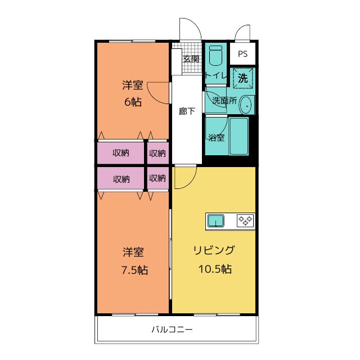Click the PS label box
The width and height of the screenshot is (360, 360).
tap(242, 55)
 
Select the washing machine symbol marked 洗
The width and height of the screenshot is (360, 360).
tap(243, 78)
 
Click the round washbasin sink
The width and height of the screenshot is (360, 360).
tap(245, 104)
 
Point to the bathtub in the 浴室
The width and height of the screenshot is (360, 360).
tap(238, 137)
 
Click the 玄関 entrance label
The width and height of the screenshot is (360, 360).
tap(191, 58)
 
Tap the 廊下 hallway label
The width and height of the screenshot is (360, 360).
tap(187, 111)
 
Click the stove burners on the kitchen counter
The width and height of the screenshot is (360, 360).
tap(245, 220)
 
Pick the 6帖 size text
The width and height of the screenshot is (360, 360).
tap(133, 102)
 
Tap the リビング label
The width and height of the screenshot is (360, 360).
tap(214, 251)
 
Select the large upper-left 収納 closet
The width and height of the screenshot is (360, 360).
tap(120, 153)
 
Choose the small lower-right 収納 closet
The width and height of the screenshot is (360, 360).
tap(157, 178)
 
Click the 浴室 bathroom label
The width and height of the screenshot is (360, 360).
tap(216, 137)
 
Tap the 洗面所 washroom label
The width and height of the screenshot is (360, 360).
tap(223, 101)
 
